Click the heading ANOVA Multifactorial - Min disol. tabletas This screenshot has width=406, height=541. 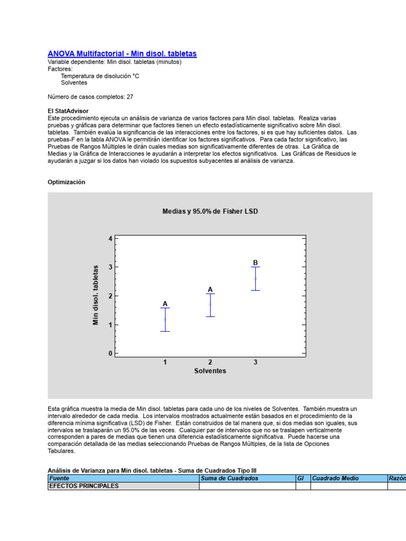(x=122, y=54)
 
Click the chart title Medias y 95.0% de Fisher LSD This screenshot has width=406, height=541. (x=210, y=211)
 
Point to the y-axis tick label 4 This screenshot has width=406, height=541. (x=110, y=238)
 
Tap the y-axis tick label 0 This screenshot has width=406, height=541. (x=110, y=353)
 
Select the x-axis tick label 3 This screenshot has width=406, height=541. (x=255, y=362)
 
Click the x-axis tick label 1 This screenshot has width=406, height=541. (x=165, y=362)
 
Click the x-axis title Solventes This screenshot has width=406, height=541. (x=210, y=371)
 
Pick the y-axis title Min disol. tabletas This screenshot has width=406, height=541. (x=96, y=295)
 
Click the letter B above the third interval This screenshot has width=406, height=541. (x=255, y=263)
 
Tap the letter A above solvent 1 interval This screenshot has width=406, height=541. (x=165, y=304)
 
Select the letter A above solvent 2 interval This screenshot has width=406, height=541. (x=210, y=290)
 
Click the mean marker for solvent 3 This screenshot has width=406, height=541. (x=255, y=278)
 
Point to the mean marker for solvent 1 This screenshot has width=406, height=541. (x=165, y=319)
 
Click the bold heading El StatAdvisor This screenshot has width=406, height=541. (x=68, y=111)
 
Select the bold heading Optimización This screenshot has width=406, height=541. (x=66, y=182)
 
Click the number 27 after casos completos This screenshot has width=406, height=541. (x=130, y=97)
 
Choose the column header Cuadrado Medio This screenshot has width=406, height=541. (x=335, y=478)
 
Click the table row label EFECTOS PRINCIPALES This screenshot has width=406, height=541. (x=84, y=486)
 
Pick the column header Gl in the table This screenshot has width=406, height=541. (x=300, y=478)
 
